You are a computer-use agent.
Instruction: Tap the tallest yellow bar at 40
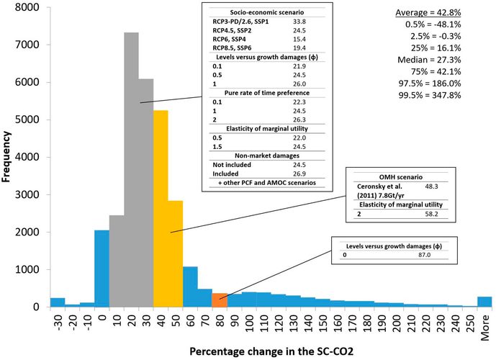coord(161,216)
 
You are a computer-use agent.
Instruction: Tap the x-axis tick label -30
coord(57,321)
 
